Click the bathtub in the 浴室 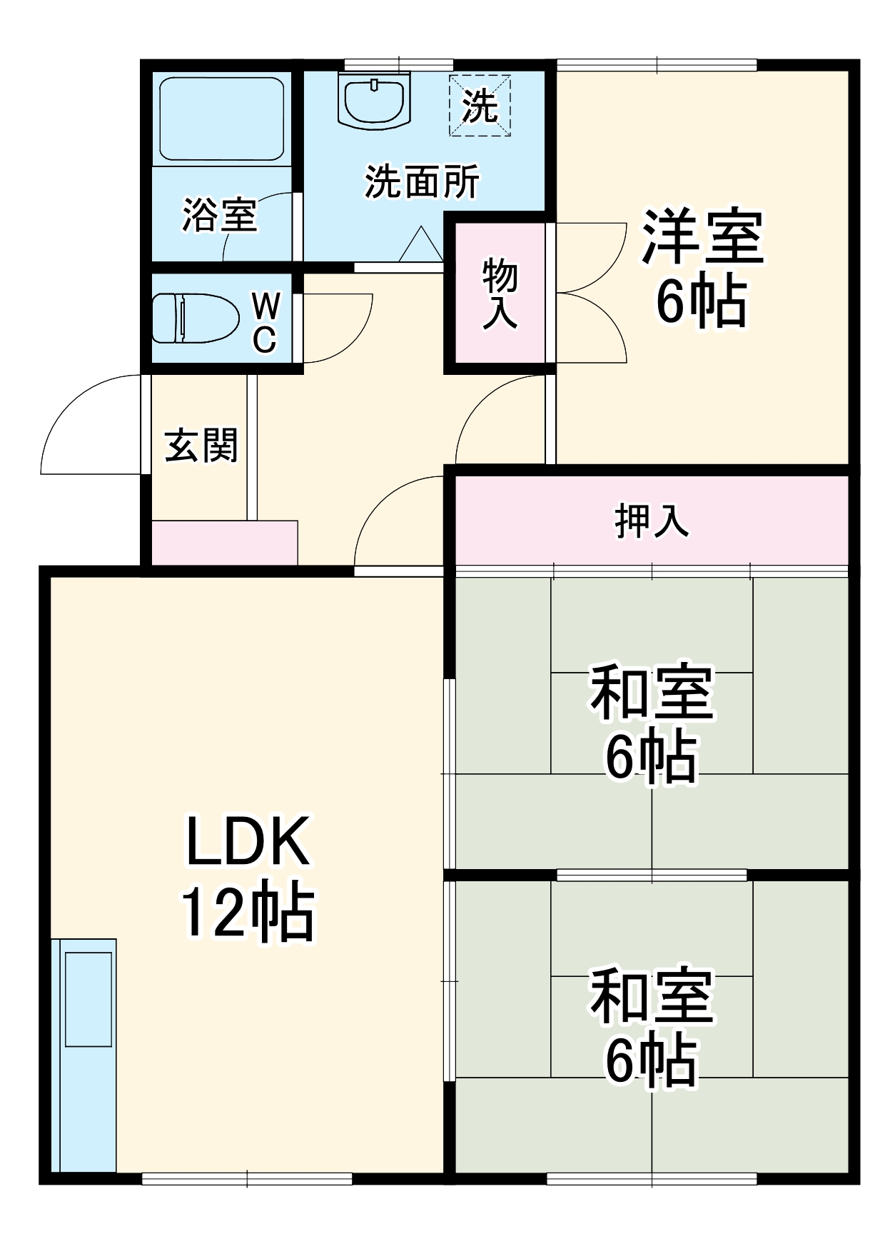coord(221,119)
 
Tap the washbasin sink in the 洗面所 coord(374,102)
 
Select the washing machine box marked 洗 coord(480,106)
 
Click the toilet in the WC coord(194,318)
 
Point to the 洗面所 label coord(422,182)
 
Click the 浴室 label coord(219,214)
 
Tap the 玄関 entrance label coord(201,446)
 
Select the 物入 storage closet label coord(500,294)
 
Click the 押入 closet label coord(652,521)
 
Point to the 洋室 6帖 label coord(702,268)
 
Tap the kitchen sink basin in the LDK coord(89,998)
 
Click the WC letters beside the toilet coord(266,323)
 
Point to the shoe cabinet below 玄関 coord(225,543)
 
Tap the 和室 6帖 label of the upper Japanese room coord(652,723)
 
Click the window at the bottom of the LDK coord(247,1178)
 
